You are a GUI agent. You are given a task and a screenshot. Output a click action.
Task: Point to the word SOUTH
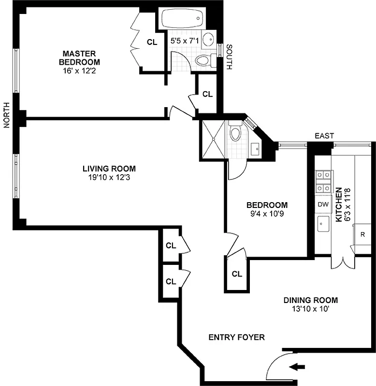click(229, 57)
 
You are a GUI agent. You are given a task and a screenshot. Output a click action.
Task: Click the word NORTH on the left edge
click(7, 115)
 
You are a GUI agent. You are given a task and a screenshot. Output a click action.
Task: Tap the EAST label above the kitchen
click(324, 137)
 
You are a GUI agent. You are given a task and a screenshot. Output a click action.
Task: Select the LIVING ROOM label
click(109, 168)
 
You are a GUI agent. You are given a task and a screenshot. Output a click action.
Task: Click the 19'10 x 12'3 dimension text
click(109, 177)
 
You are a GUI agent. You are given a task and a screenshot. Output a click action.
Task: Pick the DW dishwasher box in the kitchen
click(323, 204)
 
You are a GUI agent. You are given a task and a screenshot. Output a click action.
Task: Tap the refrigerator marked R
click(362, 234)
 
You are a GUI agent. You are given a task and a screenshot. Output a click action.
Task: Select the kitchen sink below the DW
click(323, 223)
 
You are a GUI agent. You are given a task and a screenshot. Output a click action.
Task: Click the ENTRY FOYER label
click(236, 337)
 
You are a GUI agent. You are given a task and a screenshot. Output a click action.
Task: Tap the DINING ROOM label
click(310, 300)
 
